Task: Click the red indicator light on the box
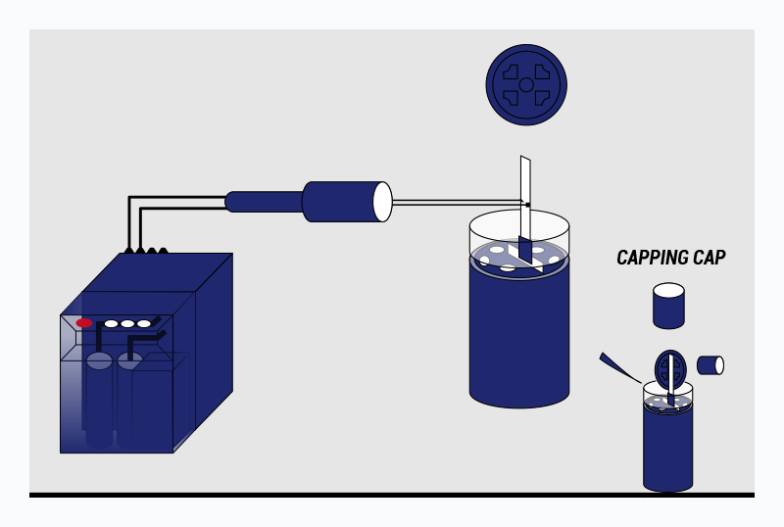coord(84,322)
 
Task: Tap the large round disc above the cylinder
coord(526,84)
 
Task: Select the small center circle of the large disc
coord(526,85)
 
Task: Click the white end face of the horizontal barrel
coord(382,202)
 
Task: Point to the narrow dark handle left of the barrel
coord(264,202)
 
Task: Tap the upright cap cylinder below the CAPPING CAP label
coord(668,307)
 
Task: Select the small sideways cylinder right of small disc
coord(710,365)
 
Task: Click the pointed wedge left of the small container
coord(617,367)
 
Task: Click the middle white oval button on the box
coord(127,323)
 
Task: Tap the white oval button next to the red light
coord(111,323)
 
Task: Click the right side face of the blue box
coord(204,353)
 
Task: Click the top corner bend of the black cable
coord(131,199)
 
